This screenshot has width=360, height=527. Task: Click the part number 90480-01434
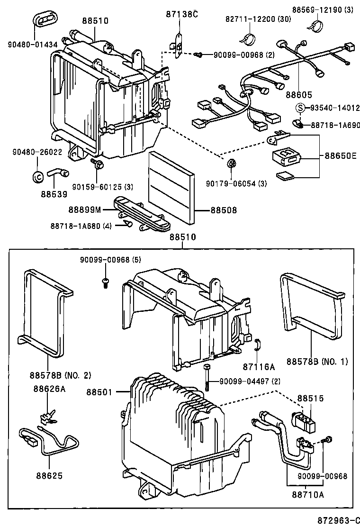click(33, 45)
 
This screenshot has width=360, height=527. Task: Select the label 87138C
click(181, 14)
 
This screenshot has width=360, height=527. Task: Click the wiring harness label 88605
click(298, 95)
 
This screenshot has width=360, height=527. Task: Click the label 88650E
click(340, 155)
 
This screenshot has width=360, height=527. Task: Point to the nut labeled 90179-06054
click(231, 164)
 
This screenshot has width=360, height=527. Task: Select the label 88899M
click(84, 209)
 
